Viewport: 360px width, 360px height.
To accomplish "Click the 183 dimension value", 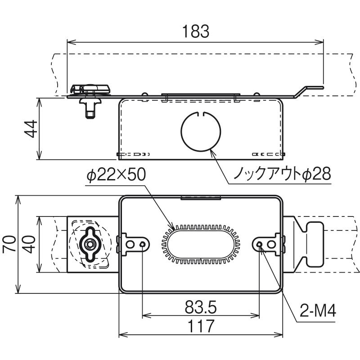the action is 196,31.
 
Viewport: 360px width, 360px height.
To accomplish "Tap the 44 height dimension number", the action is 31,129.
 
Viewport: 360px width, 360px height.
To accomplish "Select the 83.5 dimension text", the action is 201,307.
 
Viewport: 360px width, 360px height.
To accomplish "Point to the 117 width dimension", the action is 201,326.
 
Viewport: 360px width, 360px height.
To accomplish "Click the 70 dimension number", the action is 9,244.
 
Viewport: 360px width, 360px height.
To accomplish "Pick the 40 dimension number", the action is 29,244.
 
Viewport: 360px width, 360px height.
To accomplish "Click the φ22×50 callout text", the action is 116,175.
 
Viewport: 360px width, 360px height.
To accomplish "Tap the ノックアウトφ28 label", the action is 283,174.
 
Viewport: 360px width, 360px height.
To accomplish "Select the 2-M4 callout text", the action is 318,311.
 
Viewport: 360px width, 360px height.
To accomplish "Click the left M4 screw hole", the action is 143,244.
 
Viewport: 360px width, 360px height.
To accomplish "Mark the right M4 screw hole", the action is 259,244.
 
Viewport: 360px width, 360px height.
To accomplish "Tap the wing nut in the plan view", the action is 89,244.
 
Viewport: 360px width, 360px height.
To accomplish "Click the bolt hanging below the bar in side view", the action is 90,108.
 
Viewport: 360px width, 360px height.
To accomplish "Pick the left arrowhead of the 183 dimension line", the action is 71,42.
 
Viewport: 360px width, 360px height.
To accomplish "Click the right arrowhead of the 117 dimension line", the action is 278,335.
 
